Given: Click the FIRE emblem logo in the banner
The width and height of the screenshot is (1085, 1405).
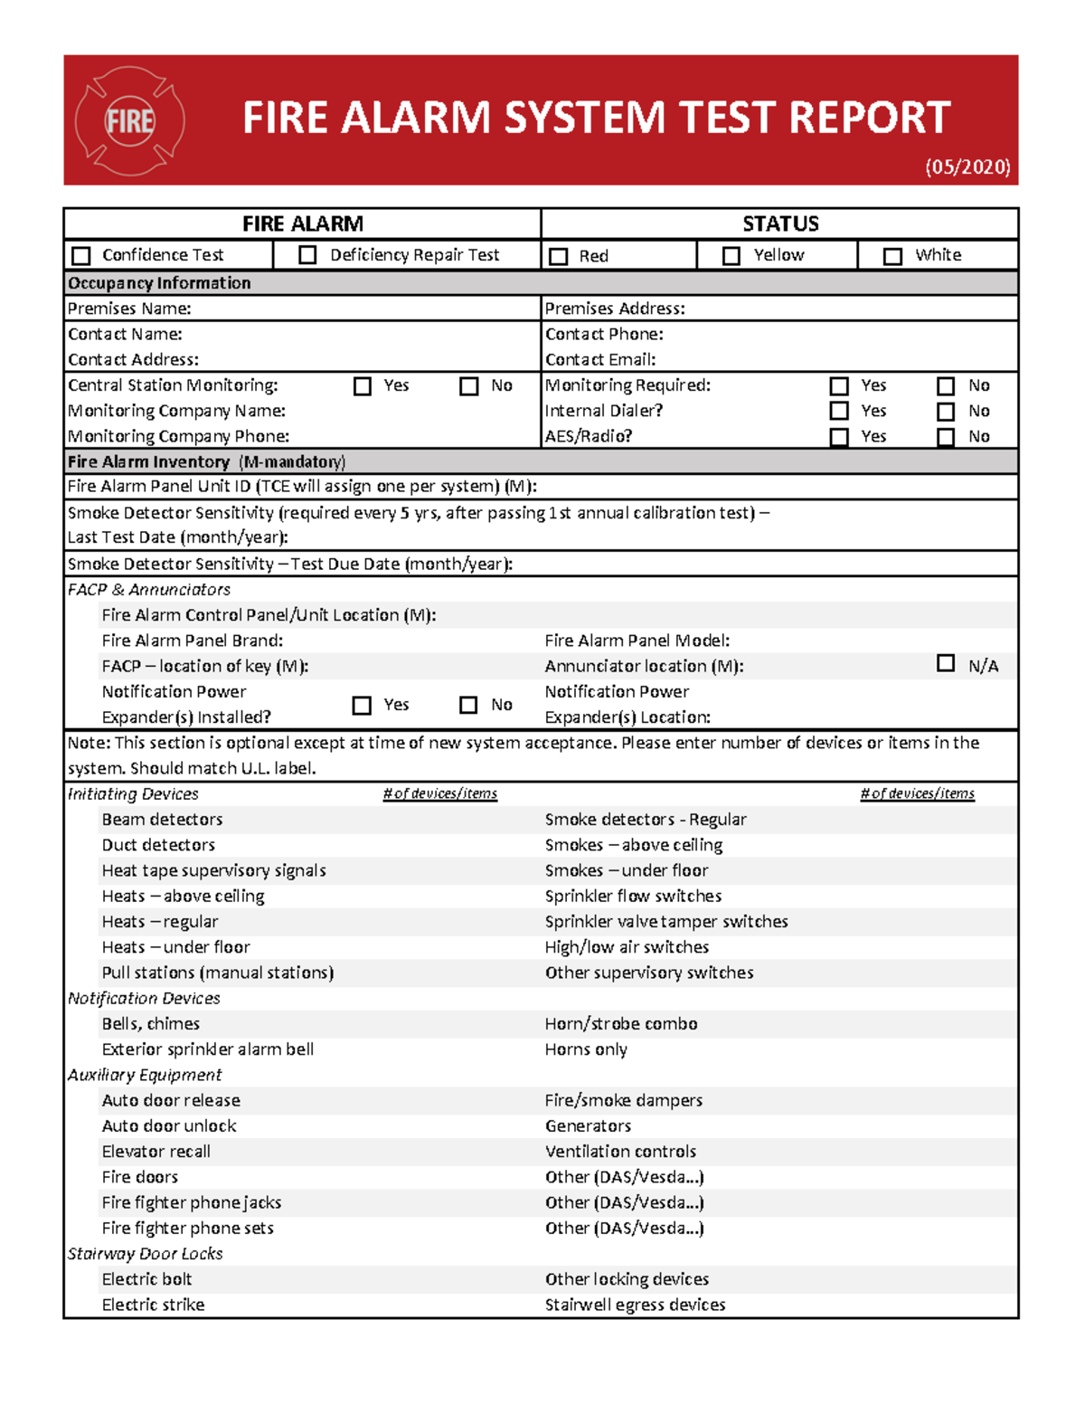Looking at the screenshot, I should (x=130, y=120).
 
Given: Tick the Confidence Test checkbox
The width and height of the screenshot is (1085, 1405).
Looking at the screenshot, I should (x=81, y=256).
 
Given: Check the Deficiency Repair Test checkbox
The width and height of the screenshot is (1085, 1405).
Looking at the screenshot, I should (x=307, y=255).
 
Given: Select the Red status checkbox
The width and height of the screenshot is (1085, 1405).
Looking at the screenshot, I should (x=559, y=257).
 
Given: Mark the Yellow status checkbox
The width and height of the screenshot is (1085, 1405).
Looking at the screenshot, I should (x=731, y=256).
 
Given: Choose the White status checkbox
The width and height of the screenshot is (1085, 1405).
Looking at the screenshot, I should (x=892, y=256).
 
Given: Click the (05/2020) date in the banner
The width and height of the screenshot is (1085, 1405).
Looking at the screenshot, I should (x=967, y=167).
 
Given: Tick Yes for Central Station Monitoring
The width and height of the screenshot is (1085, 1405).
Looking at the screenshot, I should (x=363, y=386).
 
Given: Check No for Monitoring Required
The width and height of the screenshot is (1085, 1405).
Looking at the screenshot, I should (x=946, y=386).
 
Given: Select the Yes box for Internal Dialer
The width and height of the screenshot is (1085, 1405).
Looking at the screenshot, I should (x=839, y=412).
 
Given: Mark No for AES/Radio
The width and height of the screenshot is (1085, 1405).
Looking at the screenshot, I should (x=946, y=438).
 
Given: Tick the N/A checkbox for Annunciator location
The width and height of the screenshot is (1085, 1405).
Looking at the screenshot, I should (x=946, y=663).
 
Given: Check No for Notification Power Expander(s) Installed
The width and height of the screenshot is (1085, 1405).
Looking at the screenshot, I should (x=468, y=705).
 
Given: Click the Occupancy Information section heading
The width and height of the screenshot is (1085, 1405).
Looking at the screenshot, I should (x=159, y=283).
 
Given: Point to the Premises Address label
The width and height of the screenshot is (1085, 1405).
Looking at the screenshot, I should (x=615, y=309).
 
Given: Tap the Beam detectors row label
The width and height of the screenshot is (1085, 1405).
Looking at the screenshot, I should (x=162, y=820).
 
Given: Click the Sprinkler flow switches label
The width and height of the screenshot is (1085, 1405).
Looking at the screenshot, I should (x=633, y=897).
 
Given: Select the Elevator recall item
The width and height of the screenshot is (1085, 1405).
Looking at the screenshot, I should (x=156, y=1152).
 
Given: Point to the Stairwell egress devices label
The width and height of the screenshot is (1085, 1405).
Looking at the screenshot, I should (x=635, y=1305).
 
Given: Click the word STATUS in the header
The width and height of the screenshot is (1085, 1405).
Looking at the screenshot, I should (x=780, y=223).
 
